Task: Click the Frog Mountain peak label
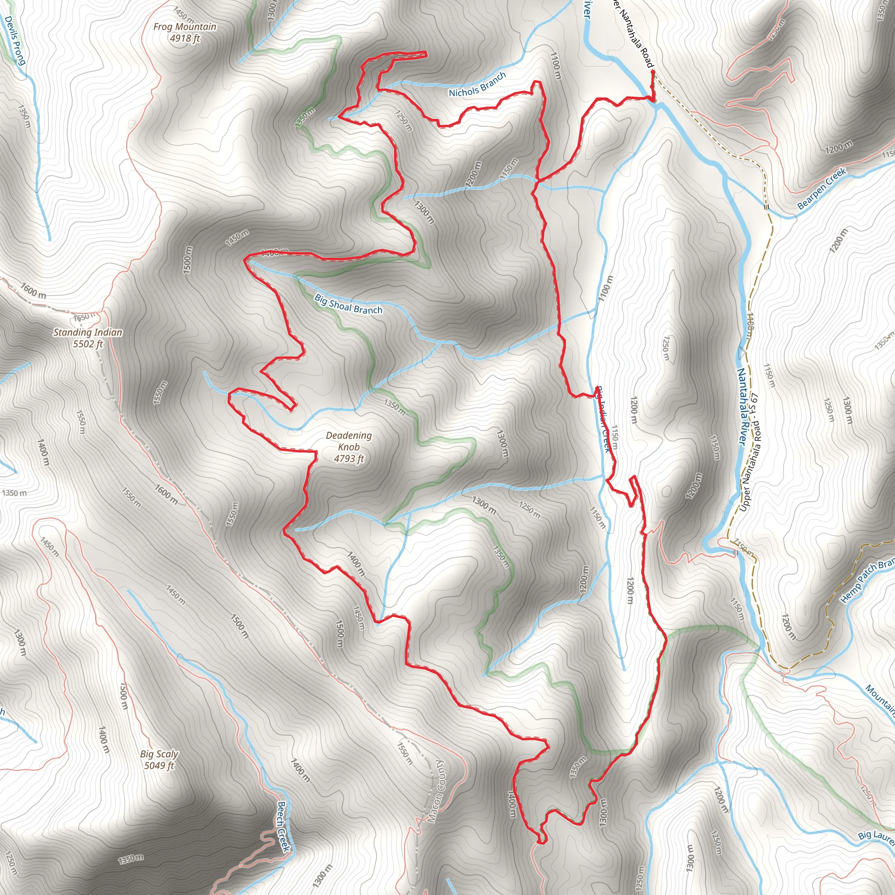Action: click(x=185, y=27)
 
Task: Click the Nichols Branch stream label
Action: click(x=477, y=85)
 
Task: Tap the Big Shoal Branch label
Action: click(x=348, y=304)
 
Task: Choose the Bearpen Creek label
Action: click(x=822, y=188)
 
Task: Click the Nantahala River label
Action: click(x=742, y=407)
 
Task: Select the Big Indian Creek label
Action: click(x=602, y=419)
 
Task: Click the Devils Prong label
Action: click(x=14, y=40)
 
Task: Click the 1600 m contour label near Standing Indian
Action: click(x=33, y=291)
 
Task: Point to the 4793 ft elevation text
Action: click(x=349, y=458)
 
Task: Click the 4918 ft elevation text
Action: click(x=185, y=38)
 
